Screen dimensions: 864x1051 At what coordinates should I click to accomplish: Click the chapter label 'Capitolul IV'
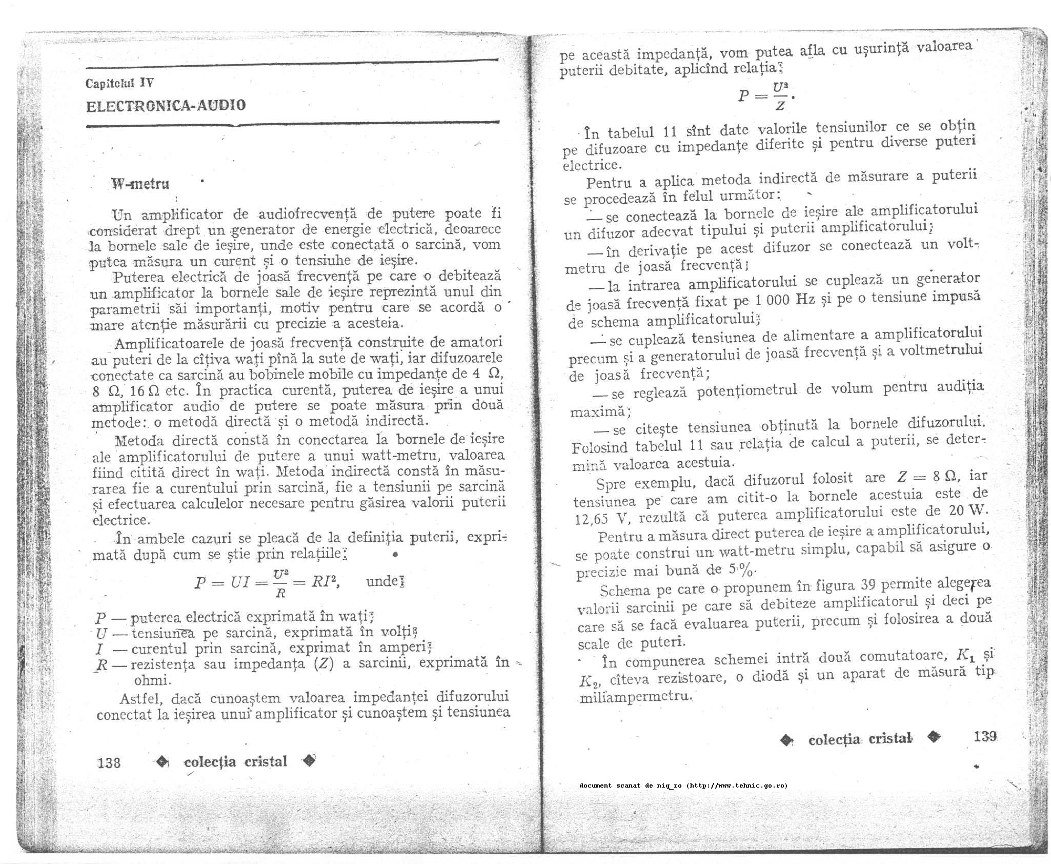pos(119,83)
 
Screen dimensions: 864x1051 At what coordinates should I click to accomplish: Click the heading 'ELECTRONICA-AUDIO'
pos(166,106)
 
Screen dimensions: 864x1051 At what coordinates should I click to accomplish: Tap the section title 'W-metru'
pos(140,184)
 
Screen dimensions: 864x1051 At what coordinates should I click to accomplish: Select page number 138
pos(109,762)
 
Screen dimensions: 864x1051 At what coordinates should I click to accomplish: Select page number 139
pos(985,737)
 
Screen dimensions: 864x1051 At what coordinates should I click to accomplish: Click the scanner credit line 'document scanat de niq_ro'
pos(683,786)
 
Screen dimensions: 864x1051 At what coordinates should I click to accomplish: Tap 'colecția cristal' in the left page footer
pos(235,761)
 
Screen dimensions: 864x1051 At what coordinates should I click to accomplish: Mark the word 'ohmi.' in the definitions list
pos(152,680)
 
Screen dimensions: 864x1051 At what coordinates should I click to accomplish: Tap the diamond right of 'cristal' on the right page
pos(935,737)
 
